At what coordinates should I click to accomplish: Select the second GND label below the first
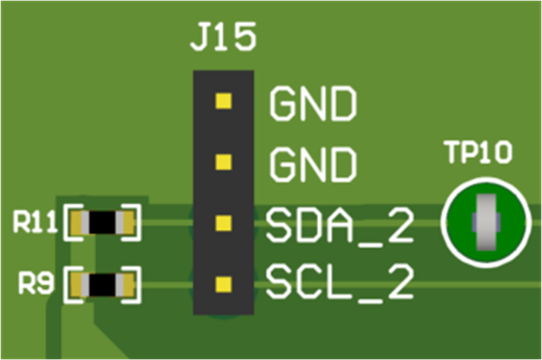click(x=313, y=165)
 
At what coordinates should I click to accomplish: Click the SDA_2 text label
click(x=339, y=226)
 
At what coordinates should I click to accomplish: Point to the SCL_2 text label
click(x=339, y=283)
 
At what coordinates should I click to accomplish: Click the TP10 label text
click(x=478, y=154)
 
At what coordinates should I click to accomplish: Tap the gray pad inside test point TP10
click(x=485, y=222)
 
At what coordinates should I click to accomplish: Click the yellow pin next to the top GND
click(x=223, y=101)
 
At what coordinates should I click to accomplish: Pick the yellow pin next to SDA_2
click(x=223, y=223)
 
